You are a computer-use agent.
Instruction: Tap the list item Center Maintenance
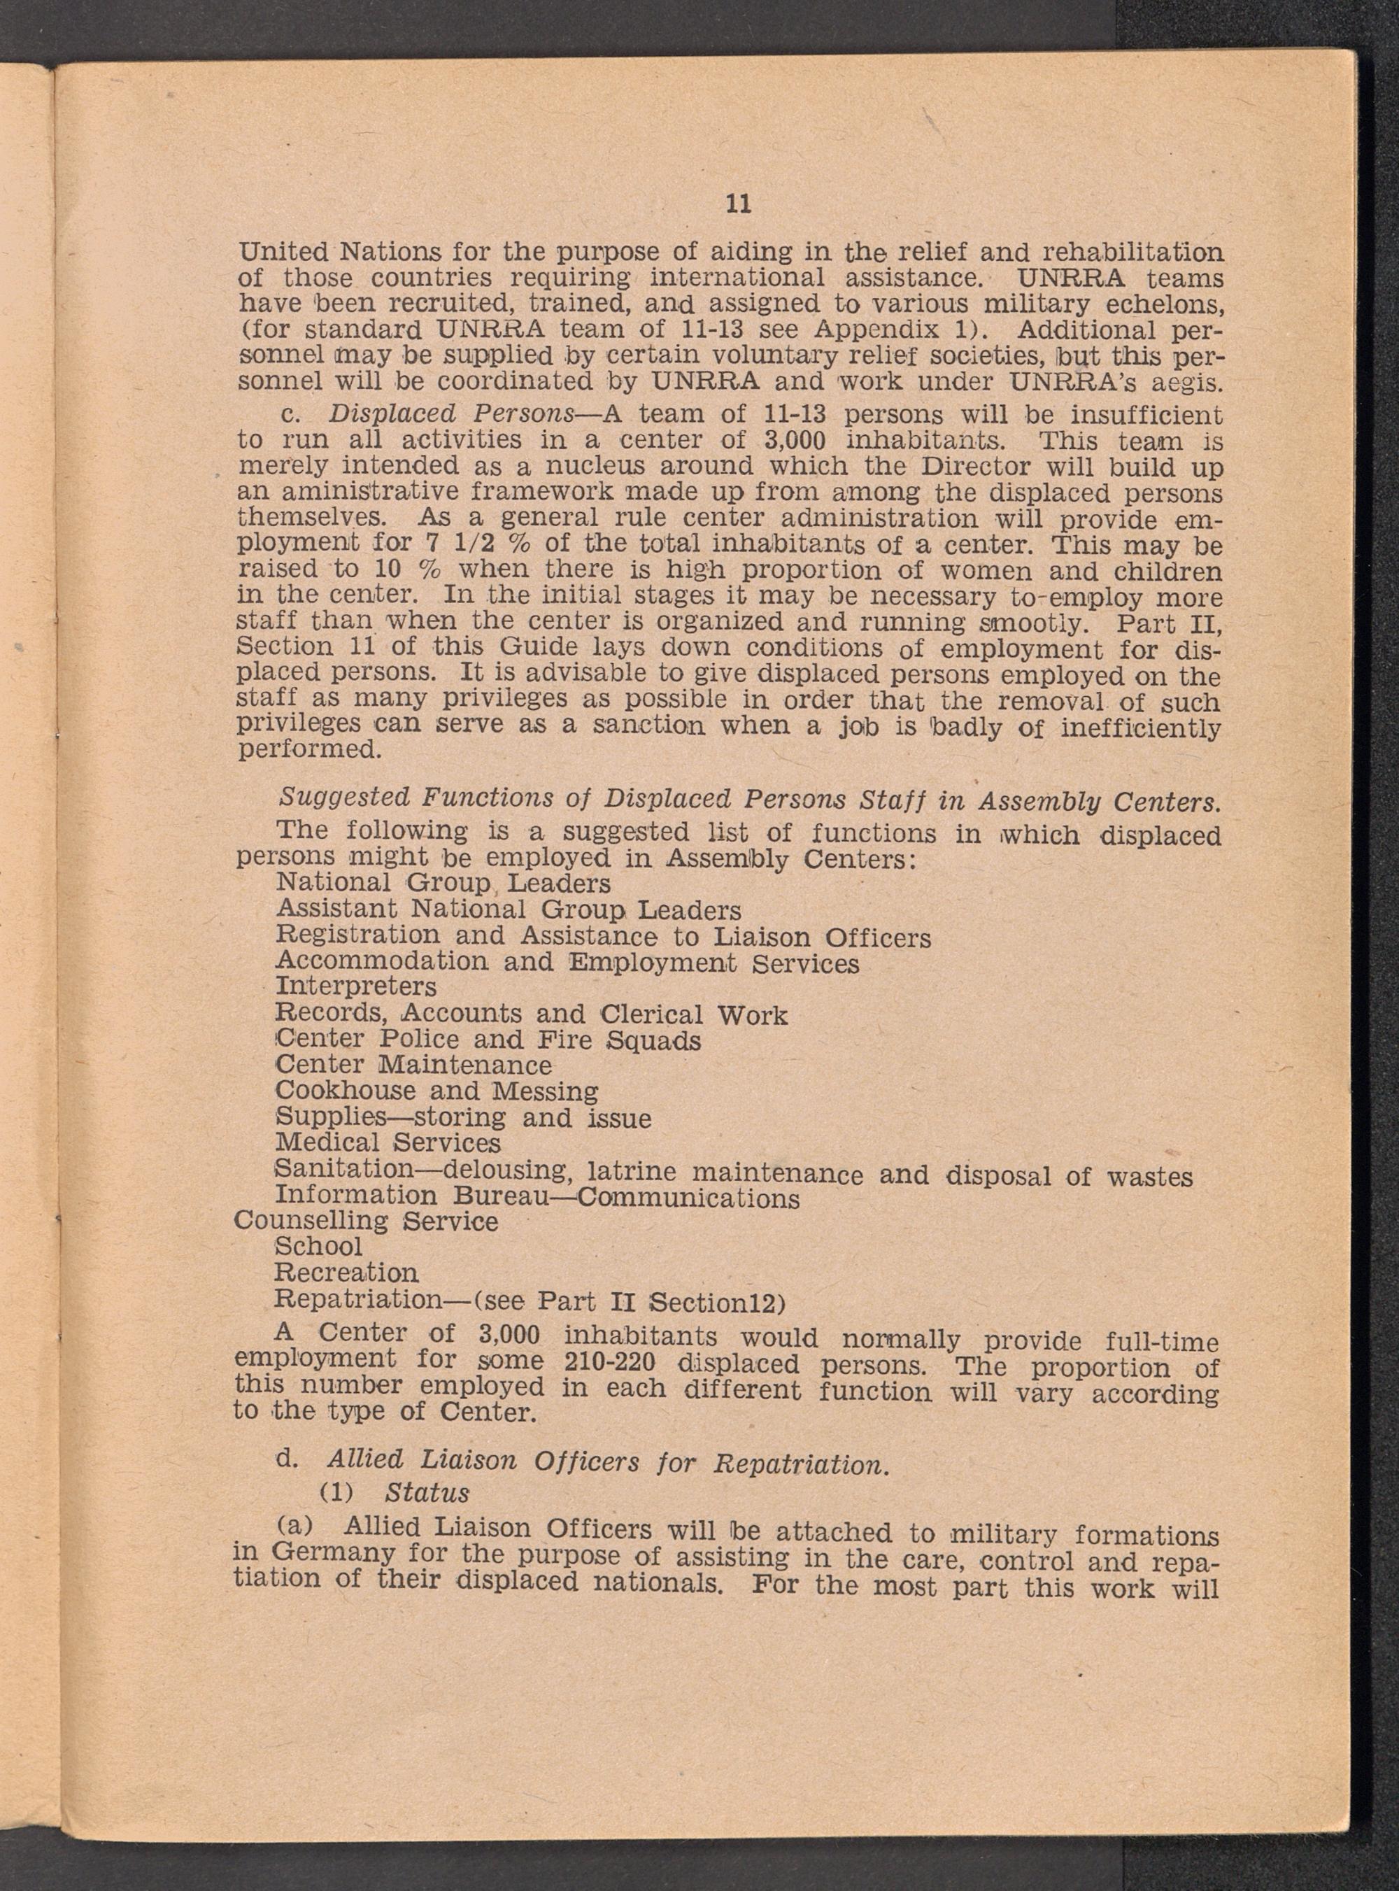click(413, 1065)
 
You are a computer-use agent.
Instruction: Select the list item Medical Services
click(388, 1143)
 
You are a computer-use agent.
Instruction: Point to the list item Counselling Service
click(366, 1221)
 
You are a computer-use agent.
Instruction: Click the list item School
click(318, 1247)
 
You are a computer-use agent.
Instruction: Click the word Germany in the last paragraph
click(334, 1554)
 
